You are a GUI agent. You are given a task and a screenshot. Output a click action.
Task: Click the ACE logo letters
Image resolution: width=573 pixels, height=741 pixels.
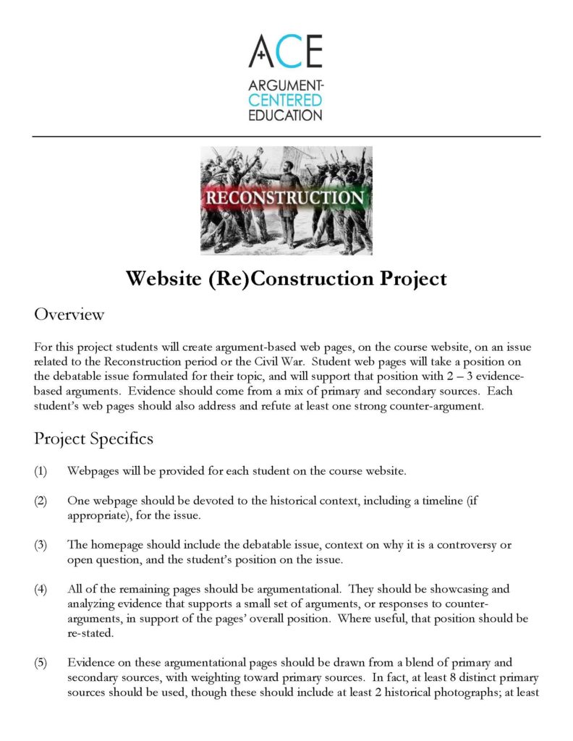(285, 51)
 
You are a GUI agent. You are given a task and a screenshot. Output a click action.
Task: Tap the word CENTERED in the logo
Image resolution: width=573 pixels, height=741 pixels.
(285, 101)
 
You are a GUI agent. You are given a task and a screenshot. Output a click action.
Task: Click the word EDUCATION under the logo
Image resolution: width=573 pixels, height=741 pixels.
(285, 115)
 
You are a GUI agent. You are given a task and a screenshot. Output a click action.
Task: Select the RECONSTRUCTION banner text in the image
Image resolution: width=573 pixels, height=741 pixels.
(286, 198)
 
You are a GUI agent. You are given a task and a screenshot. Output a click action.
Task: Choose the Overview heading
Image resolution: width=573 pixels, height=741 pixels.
(69, 315)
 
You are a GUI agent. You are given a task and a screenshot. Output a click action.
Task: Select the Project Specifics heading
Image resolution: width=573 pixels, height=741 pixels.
(93, 439)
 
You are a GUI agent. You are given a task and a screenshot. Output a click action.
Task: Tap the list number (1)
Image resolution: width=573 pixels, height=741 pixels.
(41, 472)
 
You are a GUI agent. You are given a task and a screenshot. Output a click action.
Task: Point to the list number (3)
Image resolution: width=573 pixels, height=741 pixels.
(41, 544)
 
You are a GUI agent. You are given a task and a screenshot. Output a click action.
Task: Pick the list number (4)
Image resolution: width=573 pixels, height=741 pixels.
(41, 588)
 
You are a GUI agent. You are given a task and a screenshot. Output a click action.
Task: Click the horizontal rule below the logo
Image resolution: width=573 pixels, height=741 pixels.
(286, 136)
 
